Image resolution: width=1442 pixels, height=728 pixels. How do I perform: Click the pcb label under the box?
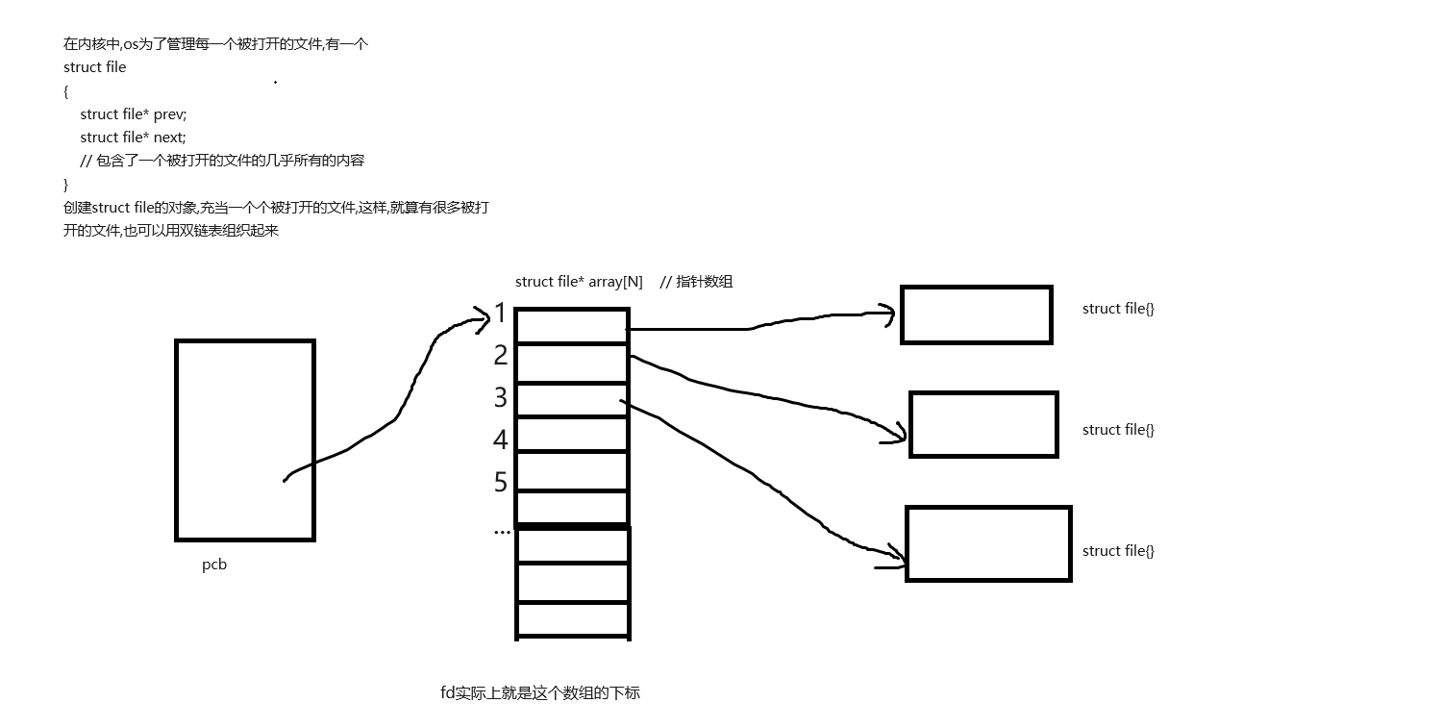(x=214, y=565)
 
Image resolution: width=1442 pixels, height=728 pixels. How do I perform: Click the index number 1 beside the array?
(x=500, y=313)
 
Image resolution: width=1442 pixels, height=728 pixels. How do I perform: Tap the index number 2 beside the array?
(x=500, y=355)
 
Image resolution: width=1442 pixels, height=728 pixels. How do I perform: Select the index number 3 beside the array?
(x=500, y=396)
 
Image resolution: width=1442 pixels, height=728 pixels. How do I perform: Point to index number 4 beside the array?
(x=500, y=439)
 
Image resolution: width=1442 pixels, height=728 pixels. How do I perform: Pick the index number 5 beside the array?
(x=500, y=481)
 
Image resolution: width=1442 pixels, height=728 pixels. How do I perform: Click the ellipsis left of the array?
(x=502, y=530)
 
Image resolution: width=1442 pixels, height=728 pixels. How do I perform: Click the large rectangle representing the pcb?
(x=245, y=439)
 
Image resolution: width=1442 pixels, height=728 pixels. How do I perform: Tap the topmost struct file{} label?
(x=1118, y=309)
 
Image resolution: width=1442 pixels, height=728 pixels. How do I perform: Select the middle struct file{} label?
(x=1118, y=430)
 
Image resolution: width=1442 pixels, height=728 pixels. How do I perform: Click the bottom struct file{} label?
(x=1118, y=551)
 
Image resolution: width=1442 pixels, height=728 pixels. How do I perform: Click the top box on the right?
(x=976, y=314)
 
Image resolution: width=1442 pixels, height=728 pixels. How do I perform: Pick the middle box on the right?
(x=983, y=424)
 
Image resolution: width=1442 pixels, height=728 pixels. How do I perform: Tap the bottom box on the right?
(x=988, y=543)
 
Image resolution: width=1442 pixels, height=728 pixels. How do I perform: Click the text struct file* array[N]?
(x=579, y=282)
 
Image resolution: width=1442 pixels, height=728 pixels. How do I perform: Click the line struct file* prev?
(x=133, y=114)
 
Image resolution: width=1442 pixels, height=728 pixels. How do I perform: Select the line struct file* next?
(x=133, y=138)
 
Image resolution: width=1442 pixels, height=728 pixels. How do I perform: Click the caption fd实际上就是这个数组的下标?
(x=539, y=692)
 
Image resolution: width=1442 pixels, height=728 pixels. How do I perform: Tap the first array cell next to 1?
(x=572, y=325)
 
